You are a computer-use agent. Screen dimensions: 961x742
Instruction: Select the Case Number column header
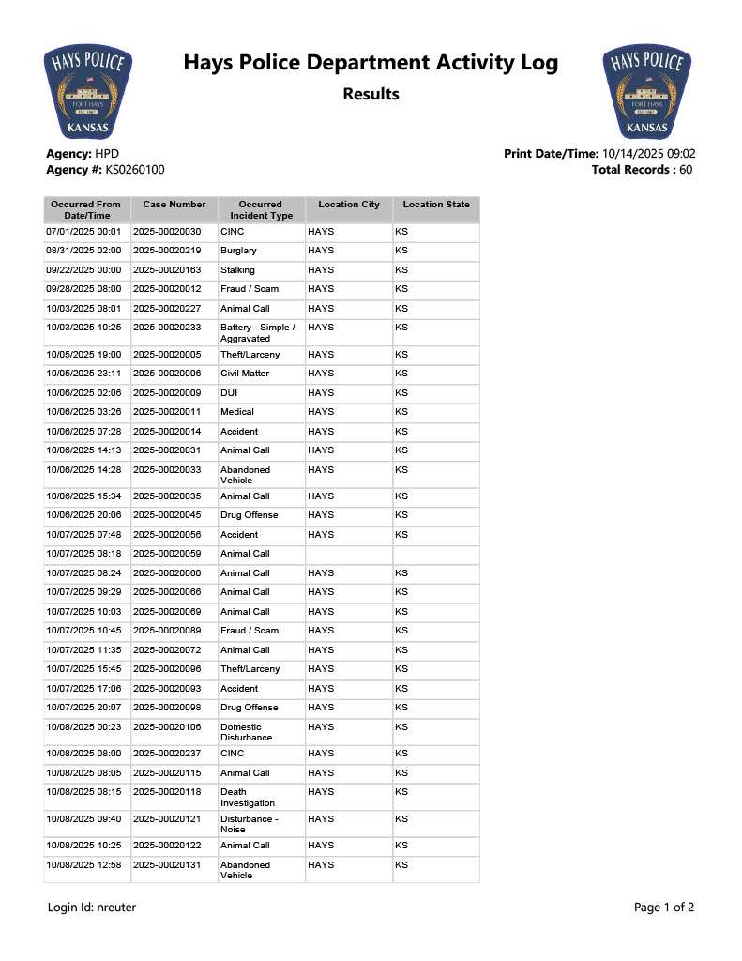click(x=174, y=205)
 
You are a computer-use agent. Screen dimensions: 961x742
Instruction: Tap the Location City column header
click(x=349, y=205)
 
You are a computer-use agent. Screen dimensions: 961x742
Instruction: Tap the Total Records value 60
click(x=686, y=170)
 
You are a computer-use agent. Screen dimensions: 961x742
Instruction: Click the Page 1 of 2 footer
click(x=664, y=908)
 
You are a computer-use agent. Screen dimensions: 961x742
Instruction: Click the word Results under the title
click(x=371, y=94)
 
